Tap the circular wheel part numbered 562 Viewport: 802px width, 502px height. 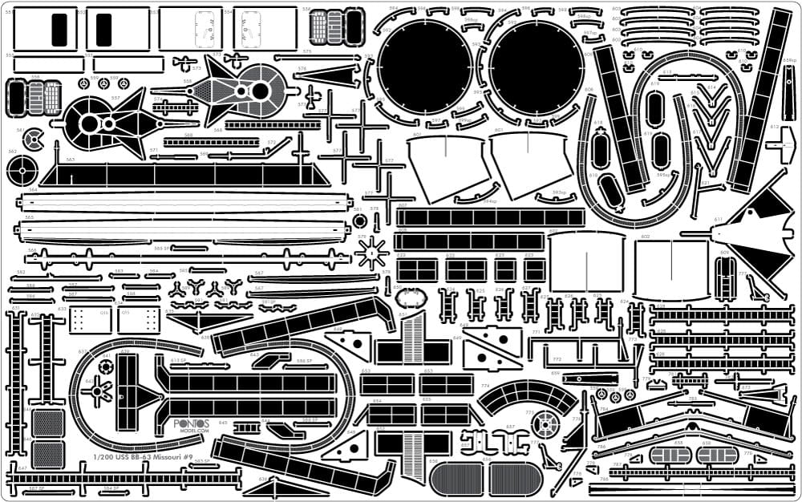pyautogui.click(x=22, y=170)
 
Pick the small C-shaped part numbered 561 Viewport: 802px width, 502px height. pyautogui.click(x=33, y=138)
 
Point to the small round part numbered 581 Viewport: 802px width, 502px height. pyautogui.click(x=358, y=221)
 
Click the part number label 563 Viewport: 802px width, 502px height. pyautogui.click(x=71, y=160)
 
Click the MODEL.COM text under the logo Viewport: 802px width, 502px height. pyautogui.click(x=192, y=430)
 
